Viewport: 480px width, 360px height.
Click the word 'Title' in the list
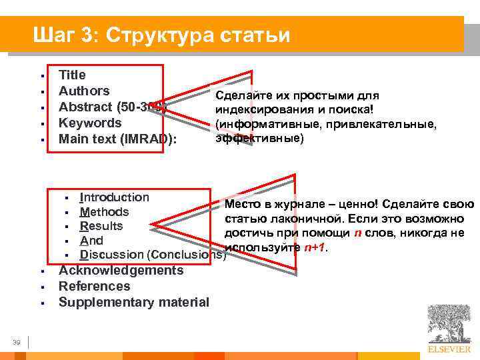(72, 75)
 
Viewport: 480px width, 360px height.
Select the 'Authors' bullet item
(84, 91)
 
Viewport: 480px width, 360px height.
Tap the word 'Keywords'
(90, 123)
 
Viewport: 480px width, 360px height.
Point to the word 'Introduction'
(114, 197)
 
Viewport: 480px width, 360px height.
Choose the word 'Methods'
(104, 212)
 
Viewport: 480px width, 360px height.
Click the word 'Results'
(101, 226)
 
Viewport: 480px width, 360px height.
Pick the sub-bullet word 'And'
(91, 241)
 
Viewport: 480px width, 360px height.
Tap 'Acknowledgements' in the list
(121, 270)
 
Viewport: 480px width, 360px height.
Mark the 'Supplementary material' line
(133, 302)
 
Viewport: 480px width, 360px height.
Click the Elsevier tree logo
(448, 323)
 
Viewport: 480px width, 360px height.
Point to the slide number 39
(17, 342)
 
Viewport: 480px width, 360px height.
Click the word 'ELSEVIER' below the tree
(448, 349)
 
